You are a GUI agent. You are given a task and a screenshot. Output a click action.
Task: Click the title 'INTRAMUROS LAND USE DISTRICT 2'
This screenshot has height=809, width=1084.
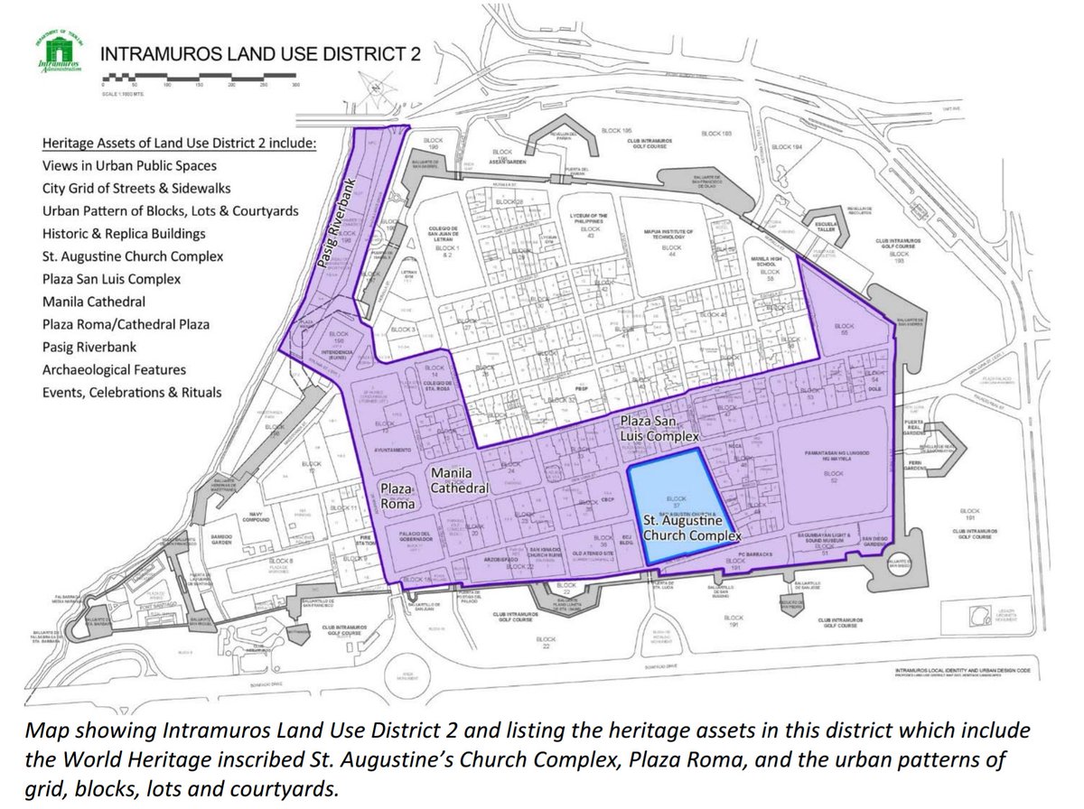tap(260, 53)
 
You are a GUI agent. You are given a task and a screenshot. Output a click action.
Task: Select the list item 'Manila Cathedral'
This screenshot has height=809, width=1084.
tap(94, 302)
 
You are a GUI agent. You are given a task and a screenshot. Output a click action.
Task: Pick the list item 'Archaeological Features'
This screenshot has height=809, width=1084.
tap(114, 369)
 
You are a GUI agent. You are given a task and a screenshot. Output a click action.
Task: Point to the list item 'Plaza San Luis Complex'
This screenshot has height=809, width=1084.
tap(111, 279)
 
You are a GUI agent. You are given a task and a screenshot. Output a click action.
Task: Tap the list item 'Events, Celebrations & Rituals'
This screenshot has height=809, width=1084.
tap(131, 393)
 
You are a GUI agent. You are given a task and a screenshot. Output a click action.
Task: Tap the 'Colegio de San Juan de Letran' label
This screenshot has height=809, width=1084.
tap(445, 233)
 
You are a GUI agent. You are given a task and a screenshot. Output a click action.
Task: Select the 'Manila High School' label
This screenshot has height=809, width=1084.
tap(769, 261)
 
